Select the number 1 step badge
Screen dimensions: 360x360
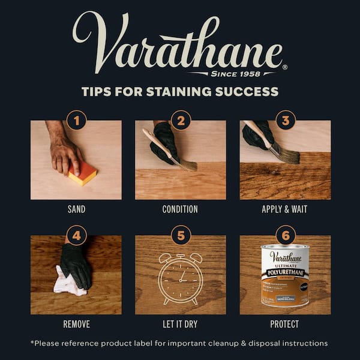pyautogui.click(x=76, y=120)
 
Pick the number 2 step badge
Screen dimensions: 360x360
pyautogui.click(x=181, y=120)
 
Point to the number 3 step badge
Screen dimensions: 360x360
pyautogui.click(x=285, y=120)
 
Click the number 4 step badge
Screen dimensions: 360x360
pyautogui.click(x=76, y=235)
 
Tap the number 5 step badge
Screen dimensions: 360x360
pyautogui.click(x=181, y=235)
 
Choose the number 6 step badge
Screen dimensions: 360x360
pyautogui.click(x=285, y=235)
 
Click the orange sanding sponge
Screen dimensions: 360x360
pyautogui.click(x=82, y=172)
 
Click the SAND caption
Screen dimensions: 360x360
pyautogui.click(x=76, y=209)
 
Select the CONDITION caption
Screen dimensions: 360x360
pyautogui.click(x=181, y=209)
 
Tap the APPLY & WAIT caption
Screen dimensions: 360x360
pyautogui.click(x=285, y=209)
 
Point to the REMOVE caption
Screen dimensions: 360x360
pyautogui.click(x=76, y=324)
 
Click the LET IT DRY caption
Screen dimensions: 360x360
pyautogui.click(x=181, y=324)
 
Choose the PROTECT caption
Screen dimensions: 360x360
pyautogui.click(x=285, y=324)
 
